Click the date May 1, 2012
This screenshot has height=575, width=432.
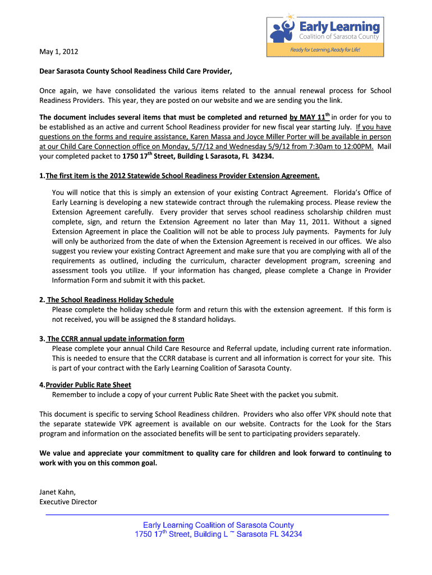pyautogui.click(x=59, y=52)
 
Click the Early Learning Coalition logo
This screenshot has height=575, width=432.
pyautogui.click(x=324, y=29)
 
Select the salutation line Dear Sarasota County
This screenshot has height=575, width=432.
pyautogui.click(x=135, y=71)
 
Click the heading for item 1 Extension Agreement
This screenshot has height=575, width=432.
pyautogui.click(x=182, y=176)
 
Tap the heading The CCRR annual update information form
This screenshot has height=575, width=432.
pyautogui.click(x=116, y=339)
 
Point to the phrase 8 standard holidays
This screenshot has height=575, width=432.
pyautogui.click(x=204, y=319)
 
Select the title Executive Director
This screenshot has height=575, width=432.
pyautogui.click(x=68, y=501)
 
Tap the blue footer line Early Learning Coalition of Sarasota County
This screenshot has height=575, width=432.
pyautogui.click(x=218, y=524)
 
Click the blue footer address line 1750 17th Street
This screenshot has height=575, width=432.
pyautogui.click(x=218, y=534)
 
